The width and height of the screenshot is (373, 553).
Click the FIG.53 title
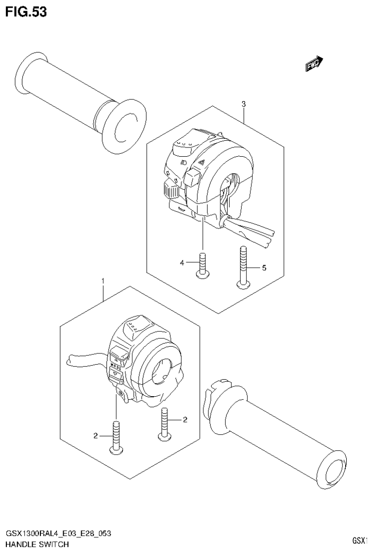pyautogui.click(x=26, y=12)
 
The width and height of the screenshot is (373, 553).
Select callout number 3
pyautogui.click(x=243, y=104)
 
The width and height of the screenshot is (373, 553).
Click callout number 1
pyautogui.click(x=103, y=281)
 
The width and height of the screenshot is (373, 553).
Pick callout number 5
pyautogui.click(x=264, y=267)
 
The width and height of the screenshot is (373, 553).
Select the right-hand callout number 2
pyautogui.click(x=185, y=419)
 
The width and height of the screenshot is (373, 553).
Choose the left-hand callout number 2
pyautogui.click(x=96, y=435)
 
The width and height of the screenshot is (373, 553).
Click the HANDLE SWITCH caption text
pyautogui.click(x=37, y=544)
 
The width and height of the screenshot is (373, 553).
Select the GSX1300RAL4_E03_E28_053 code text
pyautogui.click(x=58, y=534)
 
